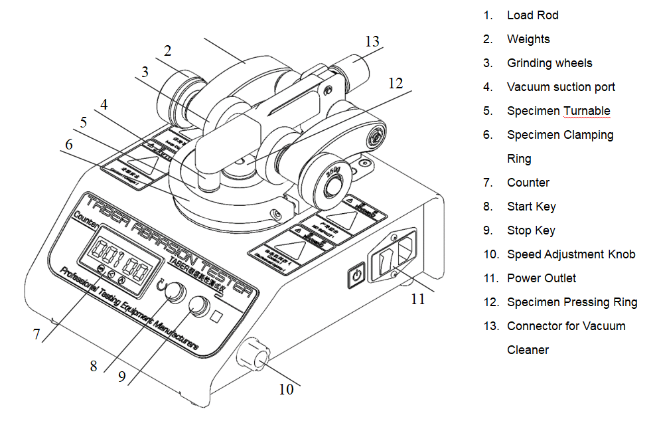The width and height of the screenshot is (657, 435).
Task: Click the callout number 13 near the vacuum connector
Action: [372, 41]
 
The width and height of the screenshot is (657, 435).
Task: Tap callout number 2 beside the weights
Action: [168, 50]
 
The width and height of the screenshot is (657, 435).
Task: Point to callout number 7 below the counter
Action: [37, 335]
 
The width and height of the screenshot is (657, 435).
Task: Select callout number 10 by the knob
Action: [286, 389]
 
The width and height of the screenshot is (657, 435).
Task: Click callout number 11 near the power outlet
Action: [417, 299]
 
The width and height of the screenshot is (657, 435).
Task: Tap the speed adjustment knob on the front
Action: [252, 355]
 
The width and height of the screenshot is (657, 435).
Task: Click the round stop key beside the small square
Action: [197, 305]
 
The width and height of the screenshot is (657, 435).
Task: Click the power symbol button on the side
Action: [356, 274]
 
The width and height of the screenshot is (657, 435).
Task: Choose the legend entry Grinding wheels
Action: [549, 63]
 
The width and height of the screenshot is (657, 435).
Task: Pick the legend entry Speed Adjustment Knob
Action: [571, 254]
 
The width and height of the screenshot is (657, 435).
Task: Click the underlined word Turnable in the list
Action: [587, 111]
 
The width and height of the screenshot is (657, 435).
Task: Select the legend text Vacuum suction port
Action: [561, 87]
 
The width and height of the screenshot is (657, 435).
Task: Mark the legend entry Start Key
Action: [531, 207]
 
